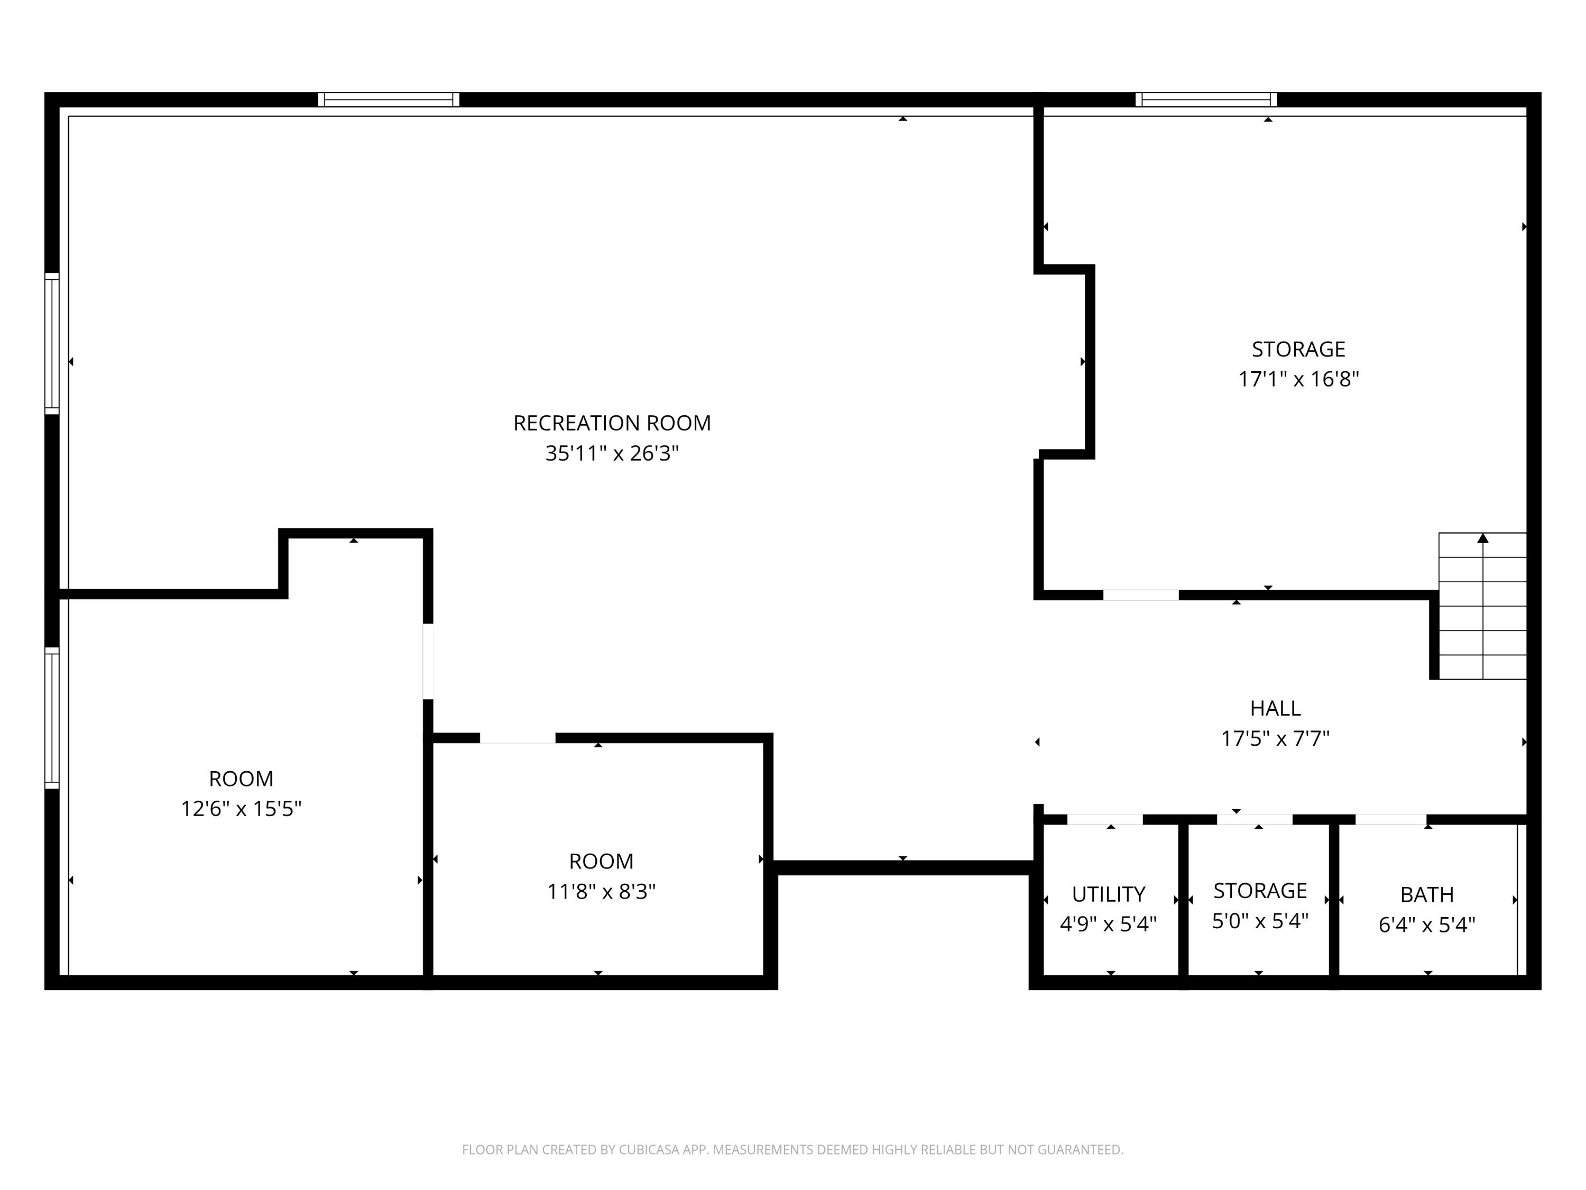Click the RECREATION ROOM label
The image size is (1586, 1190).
612,423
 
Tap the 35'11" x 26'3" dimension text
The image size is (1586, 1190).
612,453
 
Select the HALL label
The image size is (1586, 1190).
1275,709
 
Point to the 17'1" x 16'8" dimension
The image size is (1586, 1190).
1298,379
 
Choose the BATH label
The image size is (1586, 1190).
1427,895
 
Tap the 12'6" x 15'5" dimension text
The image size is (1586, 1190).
241,809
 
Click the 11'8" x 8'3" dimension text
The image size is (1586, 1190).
601,892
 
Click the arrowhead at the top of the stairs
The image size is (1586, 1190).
1483,537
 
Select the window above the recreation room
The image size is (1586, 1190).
389,100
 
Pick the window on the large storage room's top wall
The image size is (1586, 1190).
1206,100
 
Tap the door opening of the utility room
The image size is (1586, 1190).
1105,820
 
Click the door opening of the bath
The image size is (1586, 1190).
1390,820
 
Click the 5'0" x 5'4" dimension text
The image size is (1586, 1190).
1260,921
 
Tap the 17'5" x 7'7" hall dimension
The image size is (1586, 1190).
1275,739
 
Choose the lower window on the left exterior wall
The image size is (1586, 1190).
52,718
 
